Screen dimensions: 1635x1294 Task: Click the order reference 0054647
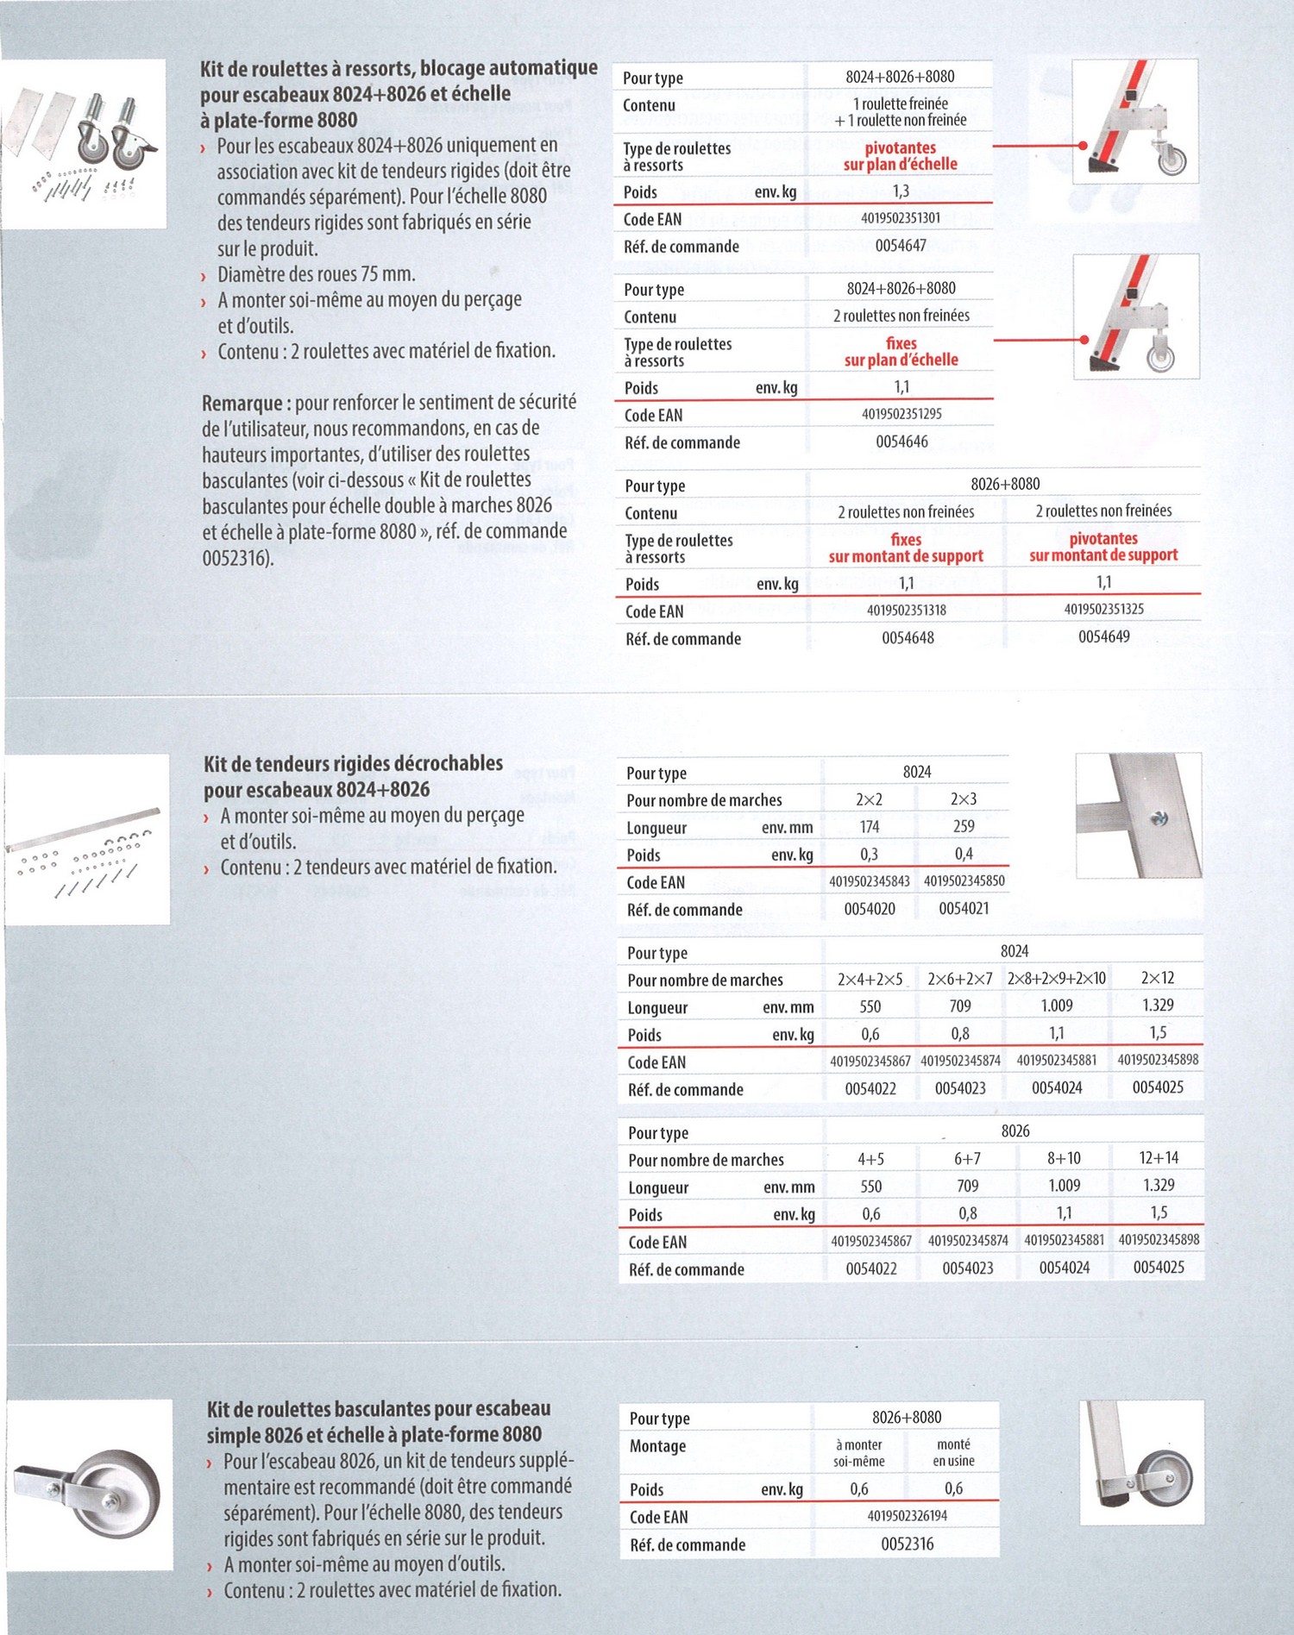click(x=901, y=246)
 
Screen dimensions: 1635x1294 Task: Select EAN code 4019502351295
click(x=901, y=414)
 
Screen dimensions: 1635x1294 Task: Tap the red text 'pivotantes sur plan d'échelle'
click(x=900, y=156)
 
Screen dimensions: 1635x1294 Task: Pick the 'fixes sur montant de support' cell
click(x=906, y=548)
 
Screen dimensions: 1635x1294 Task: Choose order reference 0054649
click(x=1103, y=637)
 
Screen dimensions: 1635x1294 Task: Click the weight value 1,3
click(x=901, y=191)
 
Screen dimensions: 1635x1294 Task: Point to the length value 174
click(x=870, y=827)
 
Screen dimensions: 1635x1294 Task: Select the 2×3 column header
click(x=964, y=799)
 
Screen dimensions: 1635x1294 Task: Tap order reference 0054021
click(x=964, y=908)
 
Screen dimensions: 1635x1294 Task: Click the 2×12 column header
click(x=1158, y=978)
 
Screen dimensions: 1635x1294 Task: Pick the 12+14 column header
click(x=1159, y=1158)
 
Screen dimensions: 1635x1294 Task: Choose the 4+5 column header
click(x=870, y=1159)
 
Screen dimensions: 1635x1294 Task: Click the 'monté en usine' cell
click(x=953, y=1452)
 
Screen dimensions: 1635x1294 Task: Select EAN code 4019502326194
click(x=907, y=1515)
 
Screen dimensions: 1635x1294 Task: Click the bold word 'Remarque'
click(x=242, y=404)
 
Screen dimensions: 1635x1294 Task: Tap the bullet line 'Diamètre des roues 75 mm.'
click(x=316, y=275)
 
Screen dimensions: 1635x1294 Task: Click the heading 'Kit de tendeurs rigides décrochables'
click(x=353, y=764)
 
